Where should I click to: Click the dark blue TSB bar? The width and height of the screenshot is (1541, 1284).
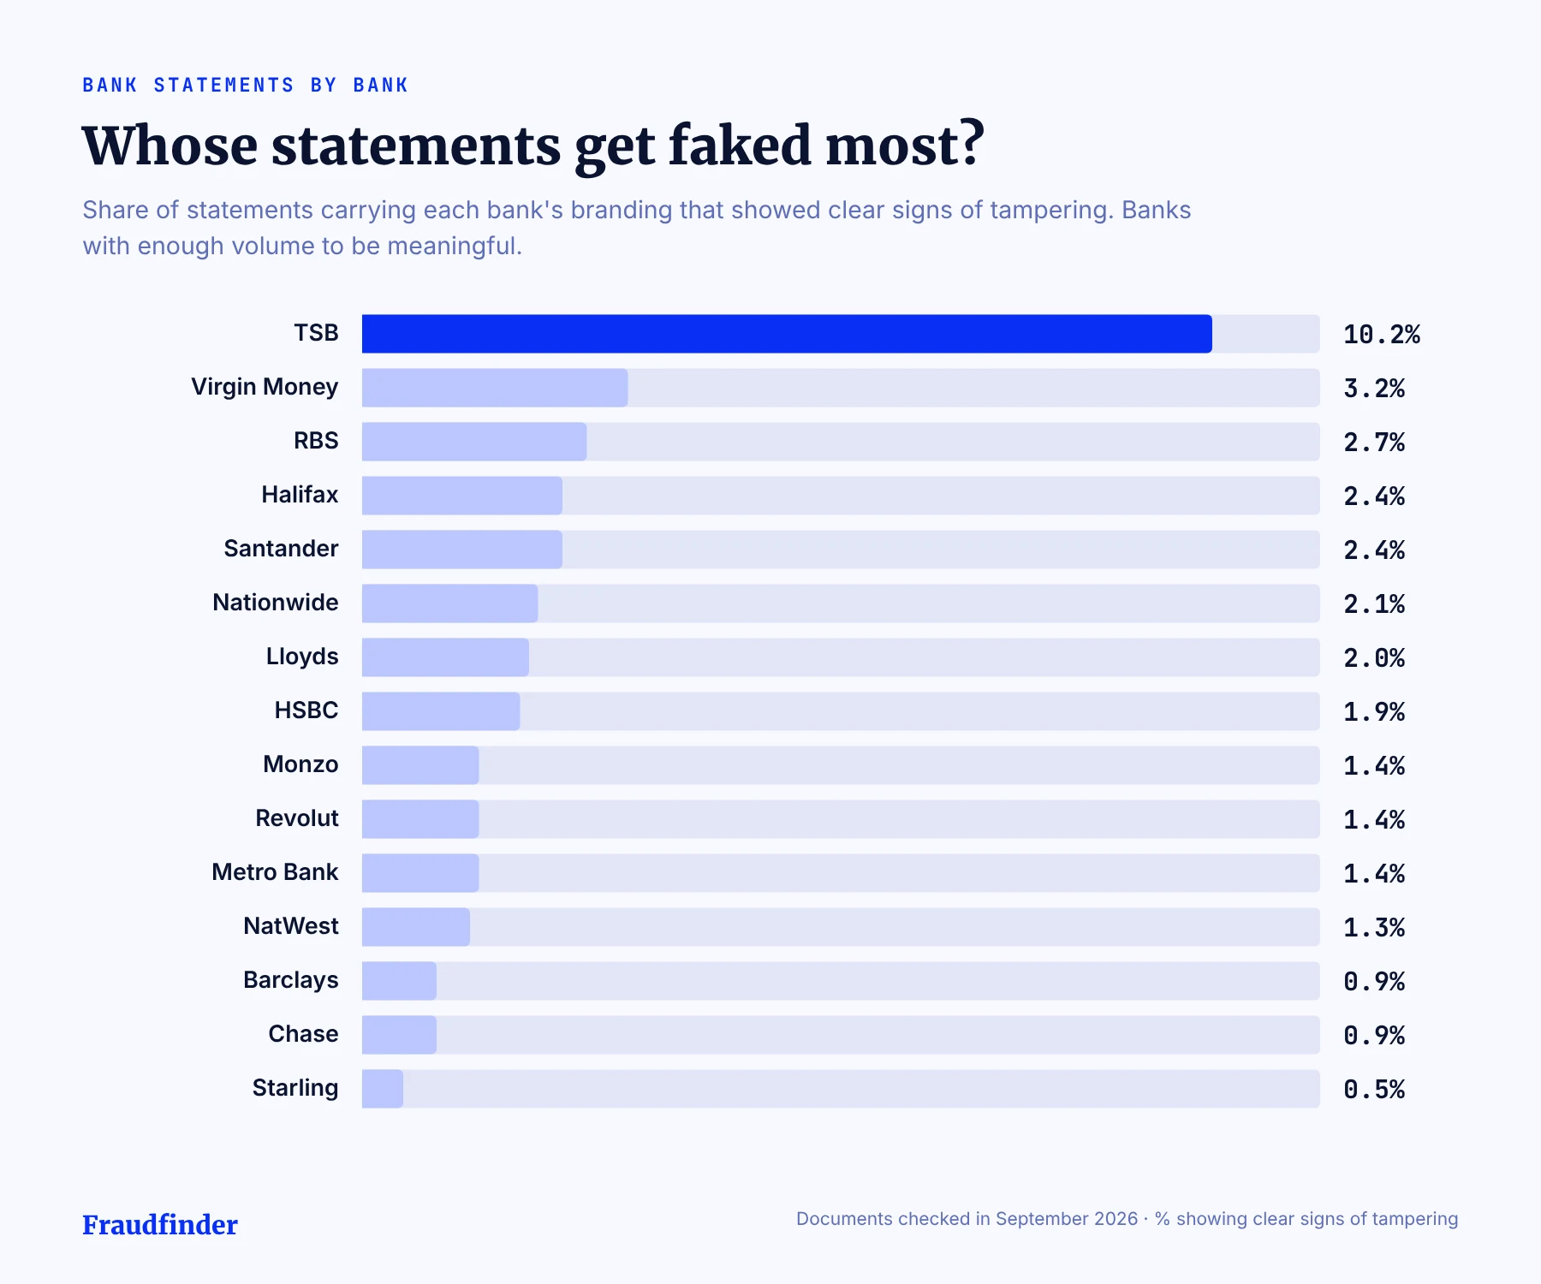click(787, 334)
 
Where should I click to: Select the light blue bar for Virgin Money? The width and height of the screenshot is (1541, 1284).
click(495, 388)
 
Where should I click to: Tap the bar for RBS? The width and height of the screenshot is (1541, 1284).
click(474, 442)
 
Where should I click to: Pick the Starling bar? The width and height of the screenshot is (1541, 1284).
click(383, 1089)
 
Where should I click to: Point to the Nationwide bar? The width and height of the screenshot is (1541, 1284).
click(449, 603)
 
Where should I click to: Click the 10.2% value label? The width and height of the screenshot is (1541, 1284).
click(1382, 335)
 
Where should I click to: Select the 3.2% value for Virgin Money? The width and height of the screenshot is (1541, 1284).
click(1374, 389)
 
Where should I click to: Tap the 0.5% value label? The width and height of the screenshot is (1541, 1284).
click(1374, 1090)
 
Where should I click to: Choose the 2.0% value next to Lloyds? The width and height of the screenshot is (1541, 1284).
click(1374, 658)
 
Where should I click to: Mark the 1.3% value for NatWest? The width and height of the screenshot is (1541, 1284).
click(1374, 928)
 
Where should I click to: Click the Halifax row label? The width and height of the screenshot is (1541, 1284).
click(300, 495)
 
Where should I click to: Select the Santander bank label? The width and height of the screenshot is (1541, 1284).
click(281, 549)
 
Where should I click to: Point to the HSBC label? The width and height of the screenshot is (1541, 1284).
click(306, 710)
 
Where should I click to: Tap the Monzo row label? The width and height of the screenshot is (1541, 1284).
click(300, 764)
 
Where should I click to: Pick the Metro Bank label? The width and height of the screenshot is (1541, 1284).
click(275, 872)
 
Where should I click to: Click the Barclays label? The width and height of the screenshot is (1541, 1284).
click(291, 981)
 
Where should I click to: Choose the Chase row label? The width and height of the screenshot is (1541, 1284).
click(303, 1034)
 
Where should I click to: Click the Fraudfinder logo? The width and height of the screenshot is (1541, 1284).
click(160, 1225)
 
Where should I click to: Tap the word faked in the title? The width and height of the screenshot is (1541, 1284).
click(739, 145)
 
